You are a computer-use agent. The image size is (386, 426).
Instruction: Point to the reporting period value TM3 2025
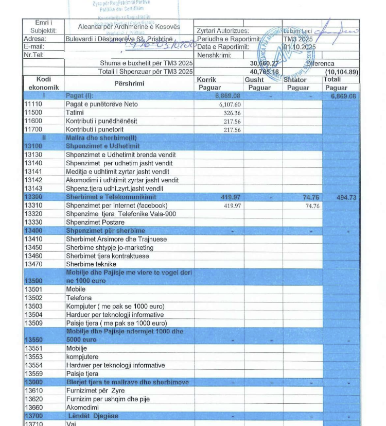pos(298,39)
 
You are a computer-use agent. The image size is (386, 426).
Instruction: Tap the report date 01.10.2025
pos(300,47)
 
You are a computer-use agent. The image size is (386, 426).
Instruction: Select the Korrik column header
pos(207,80)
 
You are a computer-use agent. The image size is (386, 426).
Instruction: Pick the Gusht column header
pos(254,80)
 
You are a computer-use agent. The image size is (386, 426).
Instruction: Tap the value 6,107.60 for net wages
pos(230,105)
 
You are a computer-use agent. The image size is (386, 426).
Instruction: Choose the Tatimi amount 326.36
pos(232,113)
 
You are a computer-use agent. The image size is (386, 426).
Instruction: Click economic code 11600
pos(33,121)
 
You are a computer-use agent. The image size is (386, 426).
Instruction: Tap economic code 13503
pos(33,306)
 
